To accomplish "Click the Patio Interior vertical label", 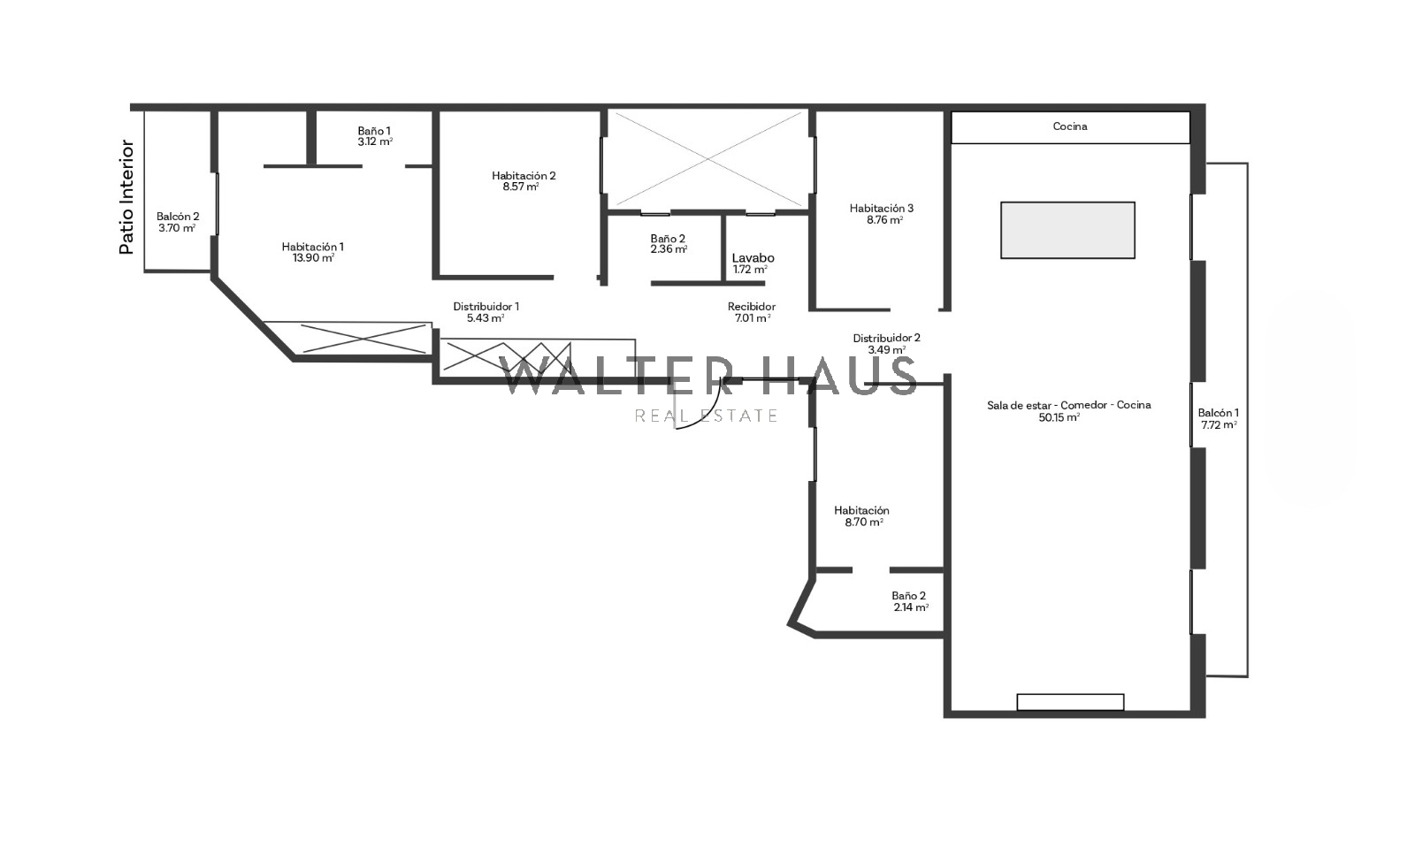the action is [127, 197].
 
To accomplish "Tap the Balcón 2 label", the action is [178, 217].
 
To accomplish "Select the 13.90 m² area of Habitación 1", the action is [313, 258].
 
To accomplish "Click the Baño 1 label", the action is [374, 132].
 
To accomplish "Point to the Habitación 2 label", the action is [524, 176].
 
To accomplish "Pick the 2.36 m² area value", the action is [669, 249].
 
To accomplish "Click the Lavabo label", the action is [753, 257].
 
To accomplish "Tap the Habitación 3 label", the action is [881, 208].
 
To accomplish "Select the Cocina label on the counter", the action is [1070, 126].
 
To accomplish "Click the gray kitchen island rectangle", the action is [1067, 230].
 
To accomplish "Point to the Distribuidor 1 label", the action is [486, 306].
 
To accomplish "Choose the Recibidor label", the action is [752, 306].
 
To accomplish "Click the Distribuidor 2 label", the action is [886, 338].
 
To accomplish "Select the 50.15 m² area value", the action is [1059, 417].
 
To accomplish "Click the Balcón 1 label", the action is [1219, 413].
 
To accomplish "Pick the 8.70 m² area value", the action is [864, 523].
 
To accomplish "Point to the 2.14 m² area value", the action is [911, 607].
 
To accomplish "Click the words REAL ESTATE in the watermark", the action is [707, 415].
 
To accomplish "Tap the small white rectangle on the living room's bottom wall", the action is [1070, 701].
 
